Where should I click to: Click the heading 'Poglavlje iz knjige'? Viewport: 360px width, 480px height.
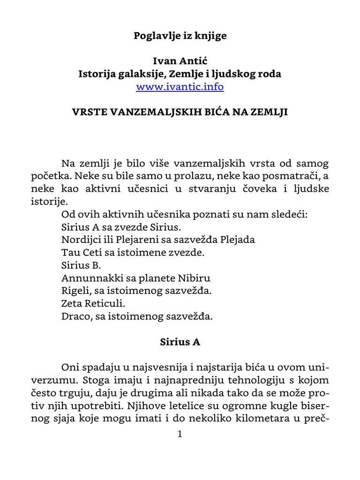click(x=180, y=36)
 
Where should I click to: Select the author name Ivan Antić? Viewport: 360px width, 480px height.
click(x=180, y=61)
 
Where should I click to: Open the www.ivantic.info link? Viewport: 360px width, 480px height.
click(x=180, y=87)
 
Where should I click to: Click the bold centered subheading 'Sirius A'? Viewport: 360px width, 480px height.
click(x=180, y=342)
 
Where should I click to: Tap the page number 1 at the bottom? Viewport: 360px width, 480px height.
click(x=180, y=434)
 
